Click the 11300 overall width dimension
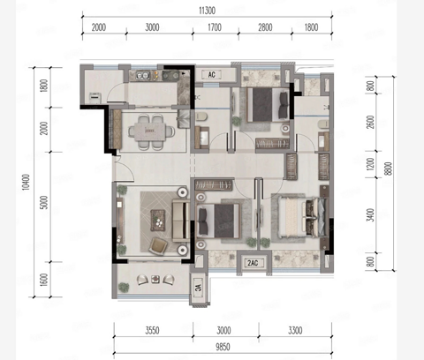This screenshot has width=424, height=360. coord(207,11)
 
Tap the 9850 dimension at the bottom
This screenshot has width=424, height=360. coord(223,347)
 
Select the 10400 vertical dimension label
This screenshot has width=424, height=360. coord(26,182)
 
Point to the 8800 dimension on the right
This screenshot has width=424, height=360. coord(389,169)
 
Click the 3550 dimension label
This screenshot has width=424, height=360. coord(152,330)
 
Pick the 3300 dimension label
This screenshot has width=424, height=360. coord(295,330)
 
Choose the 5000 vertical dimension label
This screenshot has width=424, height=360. coord(43,202)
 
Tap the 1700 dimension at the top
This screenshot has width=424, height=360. coord(215,27)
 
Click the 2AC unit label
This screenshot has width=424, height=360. coord(253,263)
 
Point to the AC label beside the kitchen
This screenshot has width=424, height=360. coord(211,75)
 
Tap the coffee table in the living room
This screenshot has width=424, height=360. coord(158,220)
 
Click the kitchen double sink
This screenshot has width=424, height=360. coord(143,76)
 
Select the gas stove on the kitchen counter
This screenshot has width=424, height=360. coord(170,76)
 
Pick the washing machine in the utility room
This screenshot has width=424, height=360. coord(95,97)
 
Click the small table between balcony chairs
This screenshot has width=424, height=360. coord(155,279)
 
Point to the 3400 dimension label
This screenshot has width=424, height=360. coord(371,215)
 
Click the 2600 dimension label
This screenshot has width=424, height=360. coord(371,122)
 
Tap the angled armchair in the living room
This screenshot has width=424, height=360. coord(159,246)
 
